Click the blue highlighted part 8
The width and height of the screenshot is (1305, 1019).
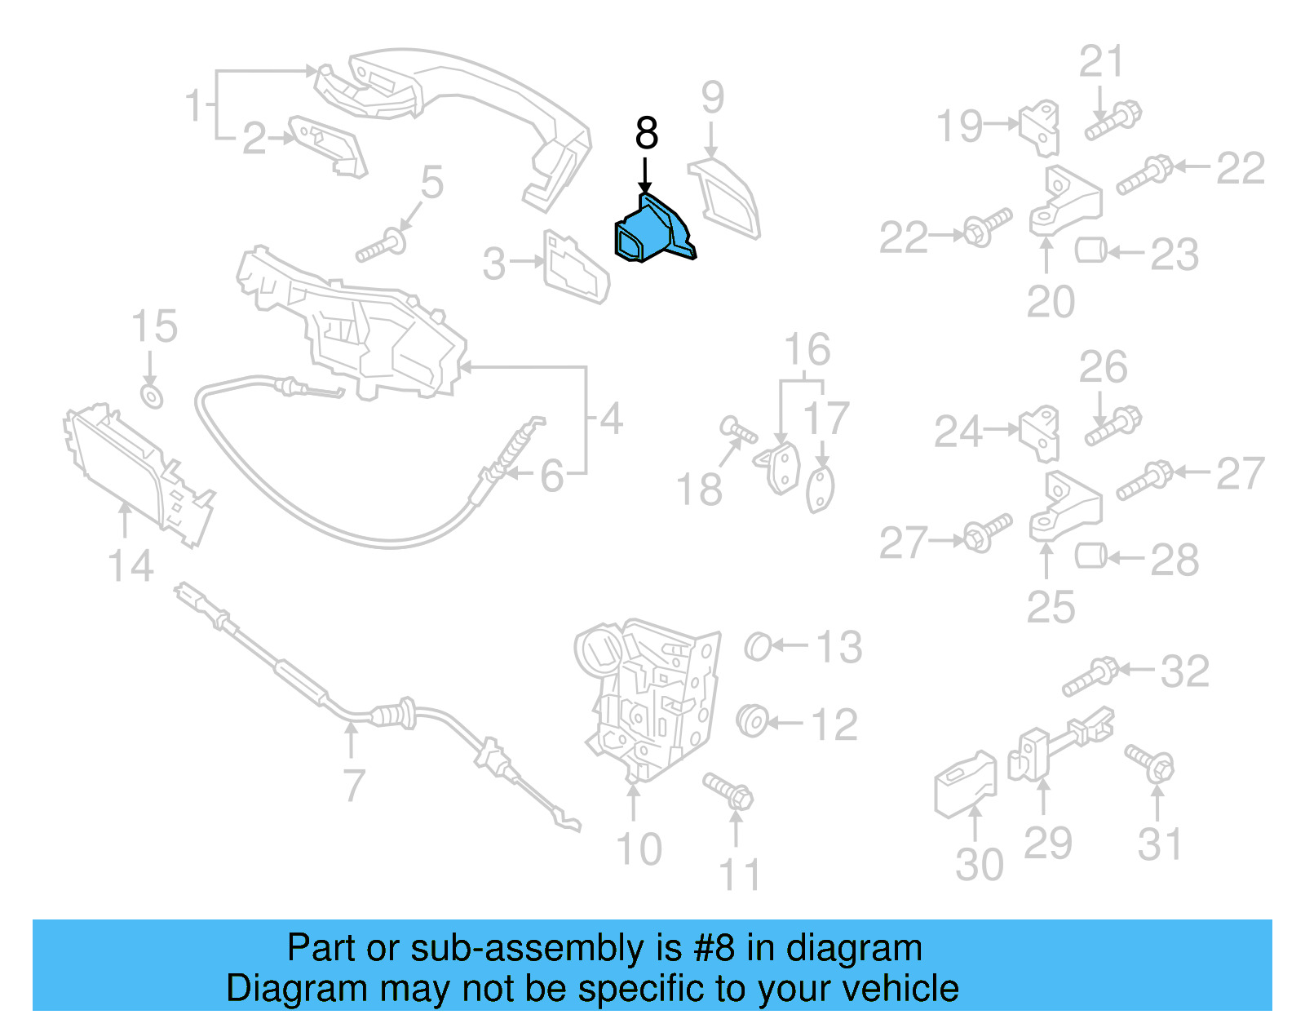point(652,232)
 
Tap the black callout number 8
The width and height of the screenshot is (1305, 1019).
point(646,133)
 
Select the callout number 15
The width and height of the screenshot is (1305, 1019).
point(154,327)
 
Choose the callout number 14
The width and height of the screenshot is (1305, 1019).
point(130,566)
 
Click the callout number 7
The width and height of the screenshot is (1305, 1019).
point(353,785)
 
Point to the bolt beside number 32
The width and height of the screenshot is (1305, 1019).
point(1088,677)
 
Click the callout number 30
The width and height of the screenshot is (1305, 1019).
point(979,865)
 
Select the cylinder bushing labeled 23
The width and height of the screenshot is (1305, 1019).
point(1090,250)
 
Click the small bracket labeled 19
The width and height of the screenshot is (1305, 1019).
point(1040,127)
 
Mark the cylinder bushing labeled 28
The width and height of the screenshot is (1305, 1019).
point(1090,556)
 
